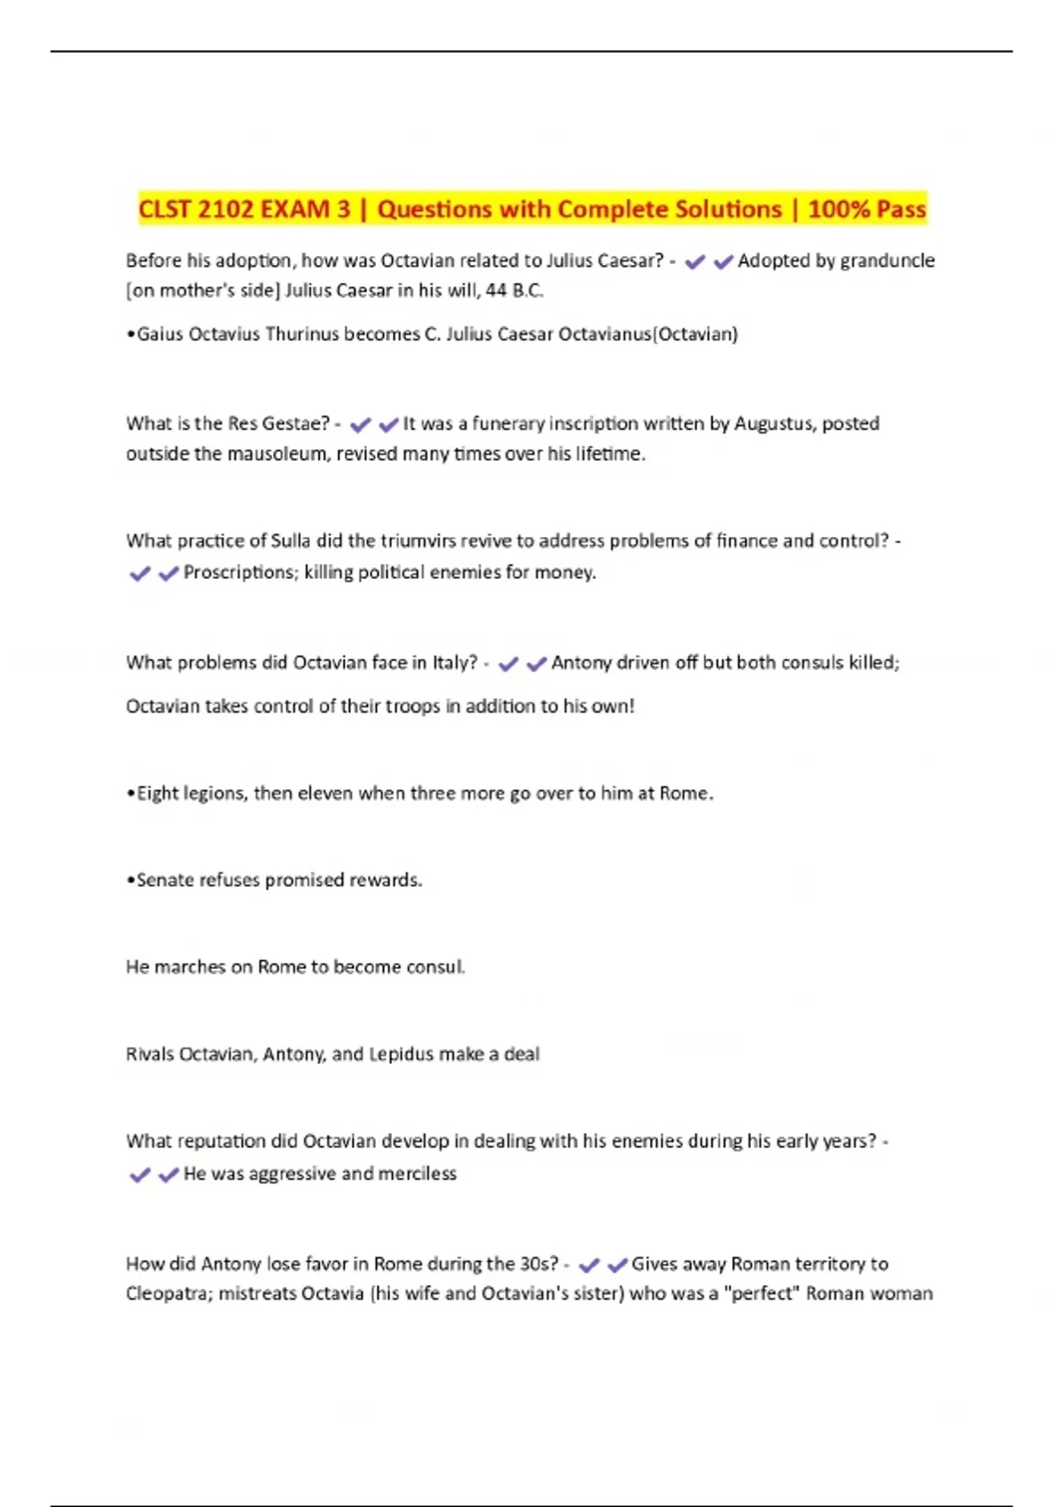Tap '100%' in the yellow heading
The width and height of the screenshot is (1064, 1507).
coord(840,209)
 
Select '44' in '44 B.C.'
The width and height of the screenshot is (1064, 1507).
coord(496,291)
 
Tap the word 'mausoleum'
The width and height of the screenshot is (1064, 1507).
coord(277,454)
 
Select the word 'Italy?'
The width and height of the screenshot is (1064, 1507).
coord(455,663)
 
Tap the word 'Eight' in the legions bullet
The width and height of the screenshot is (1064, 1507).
coord(158,793)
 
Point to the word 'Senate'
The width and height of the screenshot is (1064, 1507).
coord(165,880)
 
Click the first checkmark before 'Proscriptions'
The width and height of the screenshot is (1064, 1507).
coord(139,574)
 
